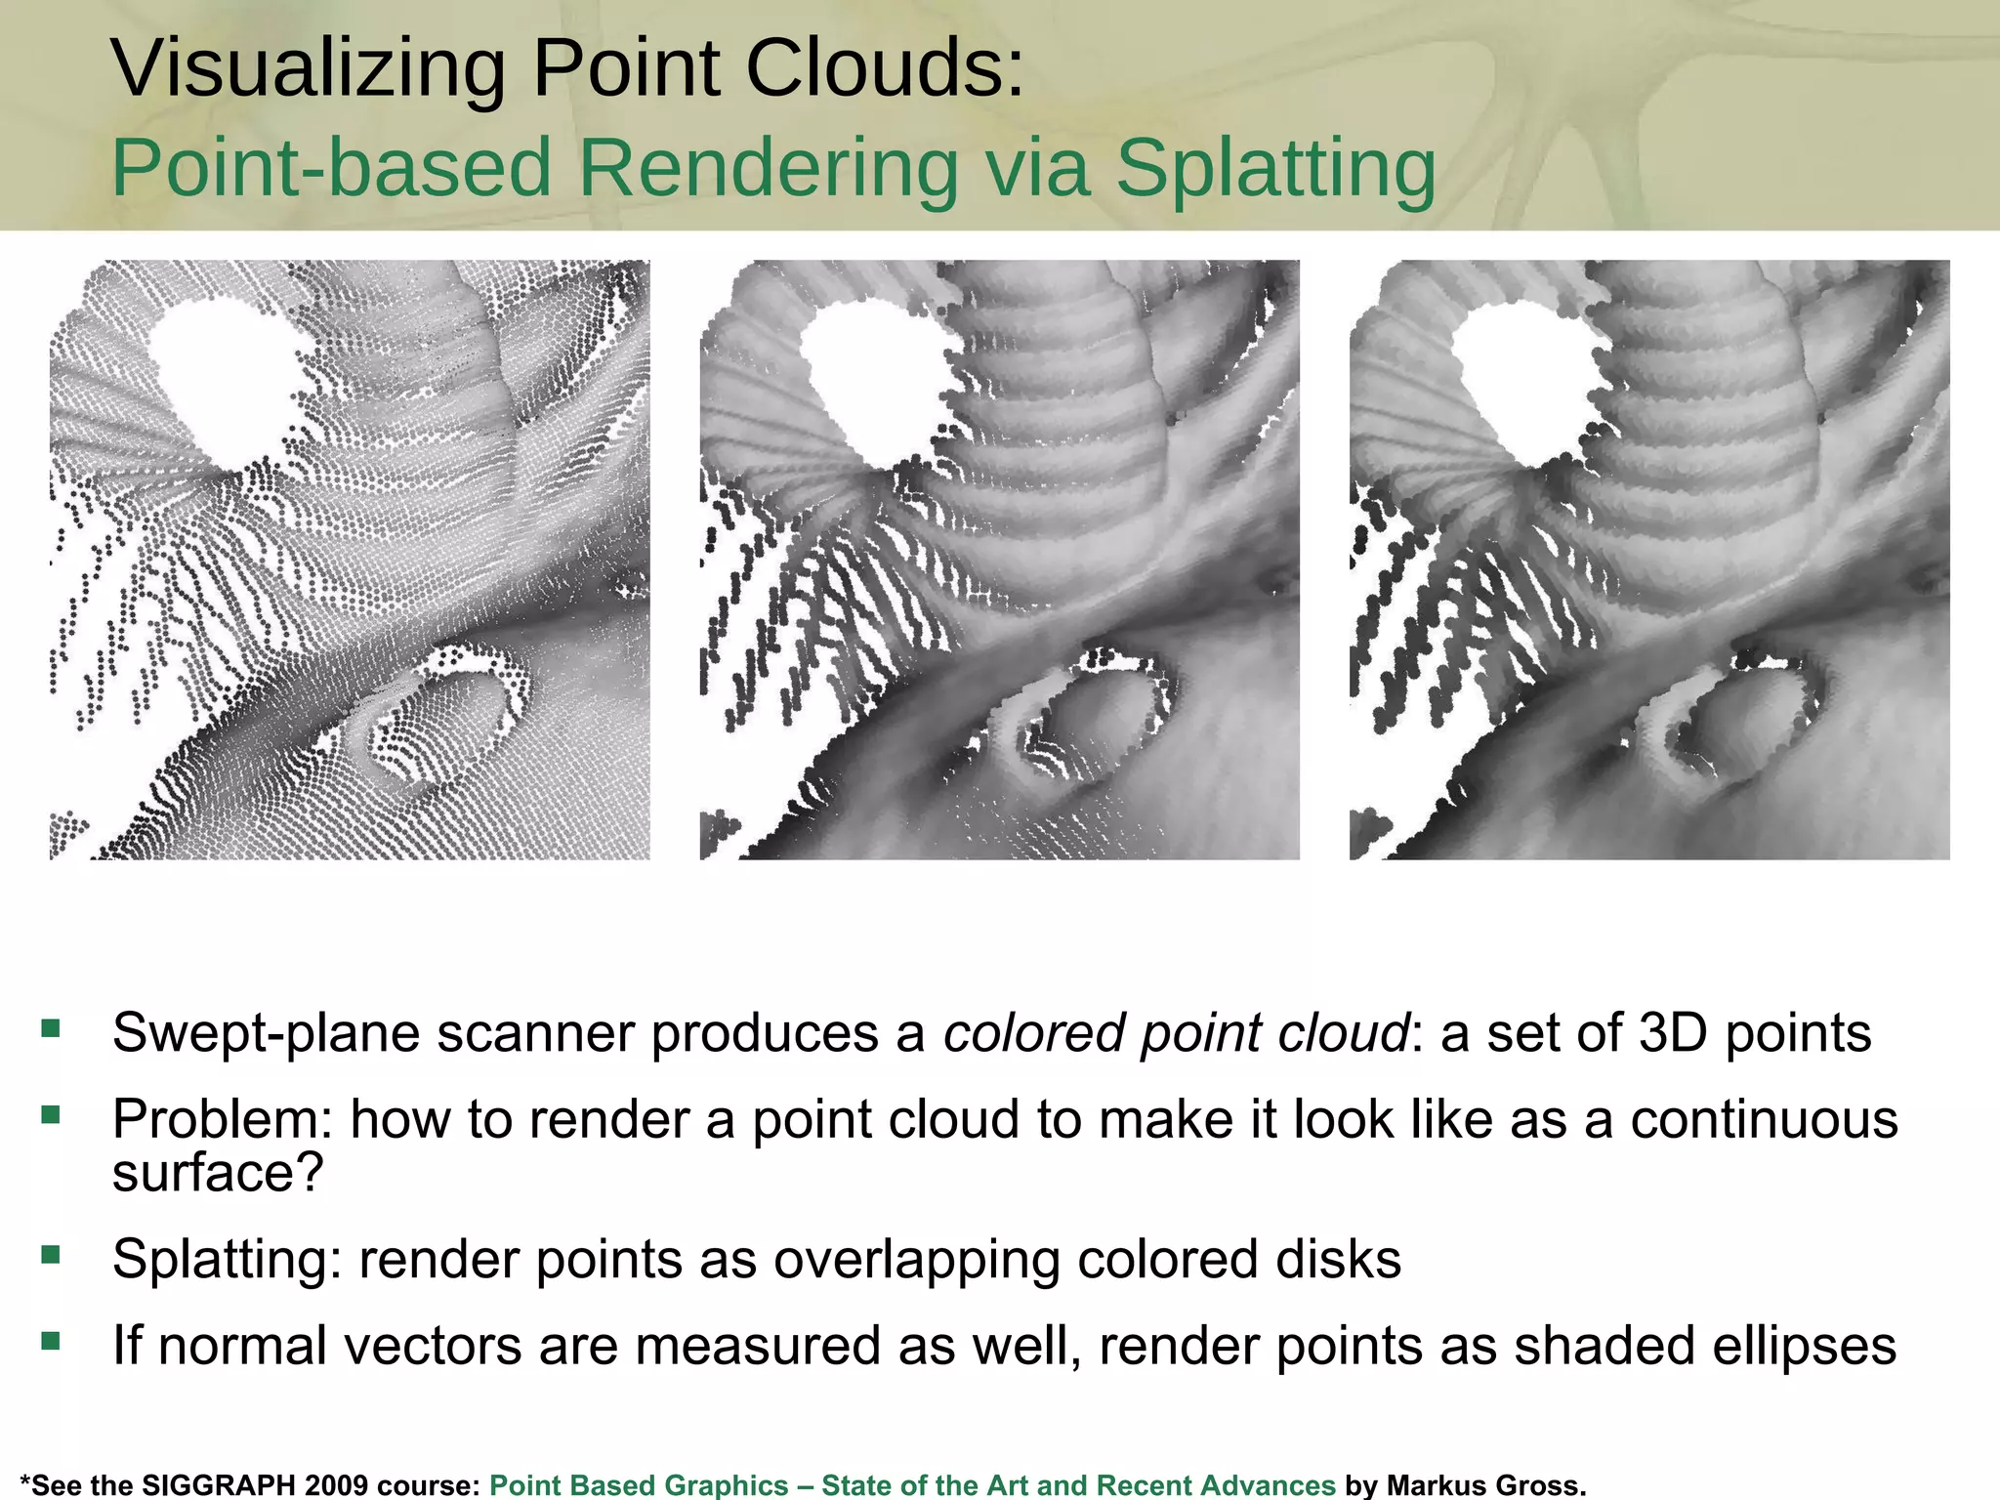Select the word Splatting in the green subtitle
[1275, 168]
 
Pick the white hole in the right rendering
[1523, 381]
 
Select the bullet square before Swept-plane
[51, 1027]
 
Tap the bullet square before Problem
[51, 1114]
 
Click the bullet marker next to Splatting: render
[51, 1254]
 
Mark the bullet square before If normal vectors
[51, 1341]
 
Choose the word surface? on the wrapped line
[217, 1172]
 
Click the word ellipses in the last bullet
[1803, 1346]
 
